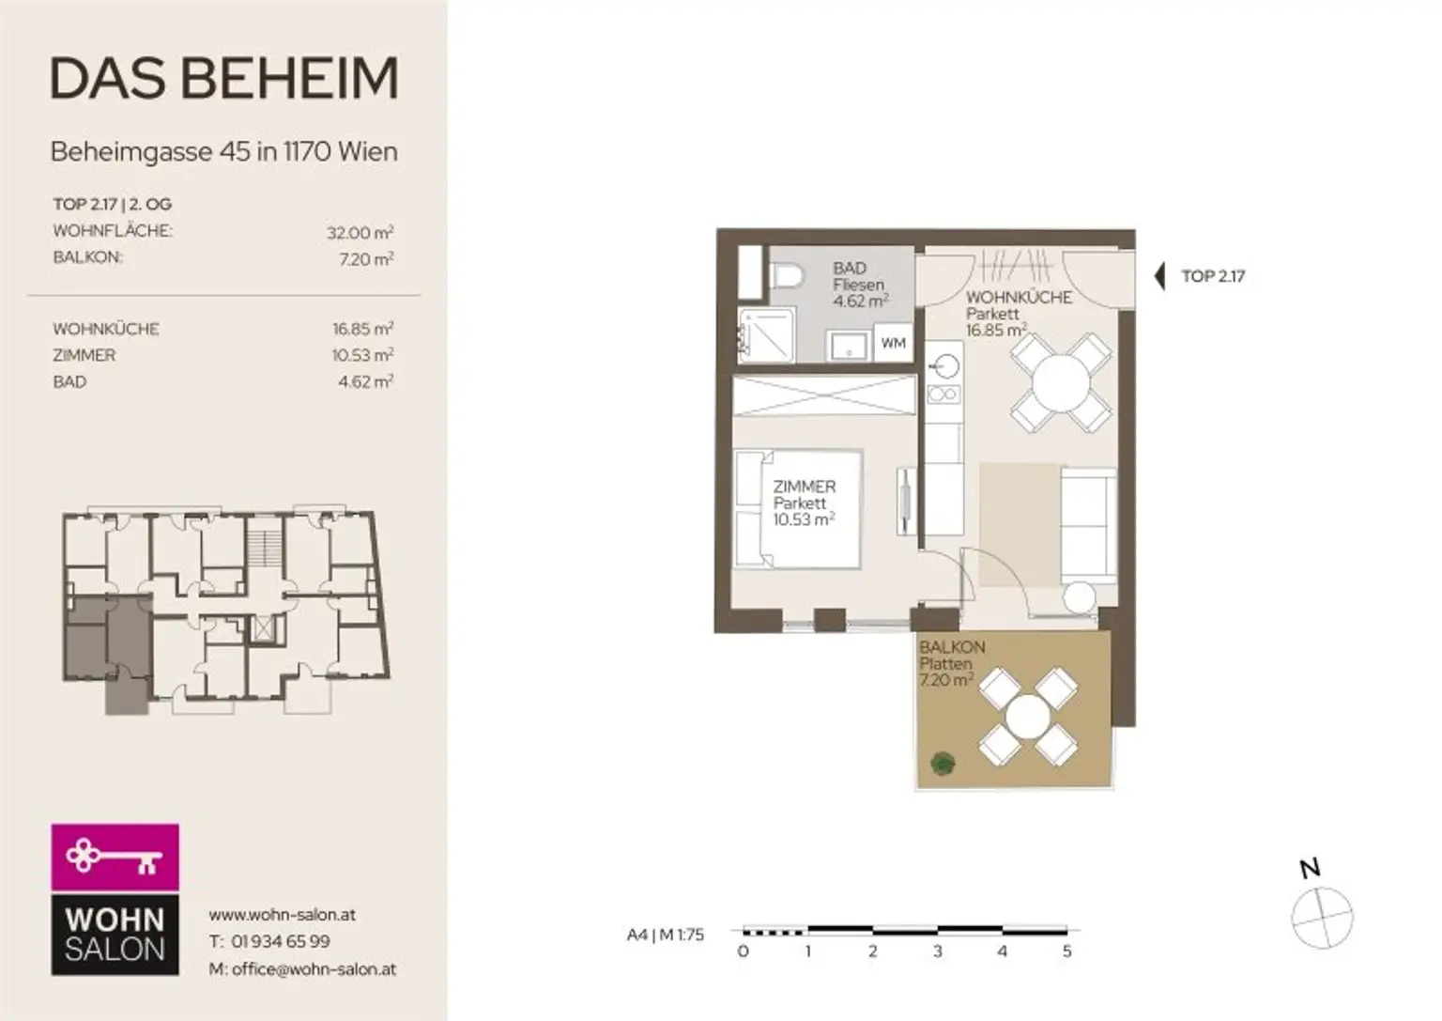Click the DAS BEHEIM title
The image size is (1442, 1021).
click(x=224, y=78)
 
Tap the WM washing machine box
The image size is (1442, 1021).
click(x=893, y=343)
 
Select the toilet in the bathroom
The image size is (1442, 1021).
click(x=787, y=277)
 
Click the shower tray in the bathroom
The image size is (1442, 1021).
click(x=767, y=335)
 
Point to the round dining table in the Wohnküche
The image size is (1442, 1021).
click(x=1061, y=382)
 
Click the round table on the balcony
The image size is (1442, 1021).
click(x=1027, y=717)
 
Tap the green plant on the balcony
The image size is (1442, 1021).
click(x=943, y=764)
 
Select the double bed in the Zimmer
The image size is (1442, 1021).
click(x=798, y=509)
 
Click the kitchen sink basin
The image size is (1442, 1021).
click(x=944, y=367)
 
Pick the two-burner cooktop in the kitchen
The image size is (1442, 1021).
click(x=943, y=394)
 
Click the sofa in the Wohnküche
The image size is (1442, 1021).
click(x=1088, y=526)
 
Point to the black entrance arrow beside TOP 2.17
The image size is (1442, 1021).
click(x=1160, y=276)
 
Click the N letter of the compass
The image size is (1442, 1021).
click(x=1310, y=869)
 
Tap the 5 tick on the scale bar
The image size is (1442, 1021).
click(x=1066, y=951)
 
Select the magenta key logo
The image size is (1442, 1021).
click(x=115, y=858)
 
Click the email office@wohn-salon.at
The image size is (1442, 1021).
click(x=314, y=968)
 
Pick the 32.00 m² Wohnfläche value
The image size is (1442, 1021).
click(x=360, y=232)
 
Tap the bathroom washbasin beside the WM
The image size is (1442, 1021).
click(x=849, y=348)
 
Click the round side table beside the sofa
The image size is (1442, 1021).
click(x=1080, y=597)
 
